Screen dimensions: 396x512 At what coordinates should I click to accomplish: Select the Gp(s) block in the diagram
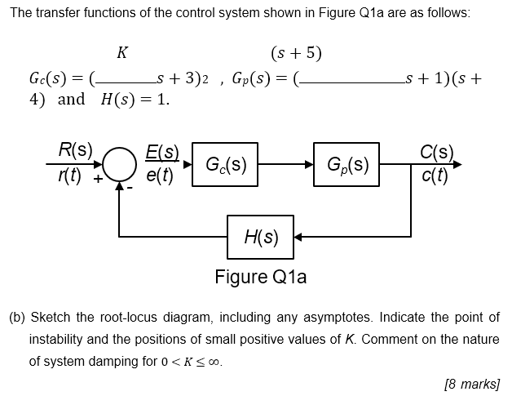(346, 164)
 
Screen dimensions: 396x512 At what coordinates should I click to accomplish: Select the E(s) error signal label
(162, 151)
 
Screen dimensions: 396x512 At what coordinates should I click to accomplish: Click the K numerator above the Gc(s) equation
(122, 54)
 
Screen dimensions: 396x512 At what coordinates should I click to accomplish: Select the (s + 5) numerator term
(296, 54)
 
